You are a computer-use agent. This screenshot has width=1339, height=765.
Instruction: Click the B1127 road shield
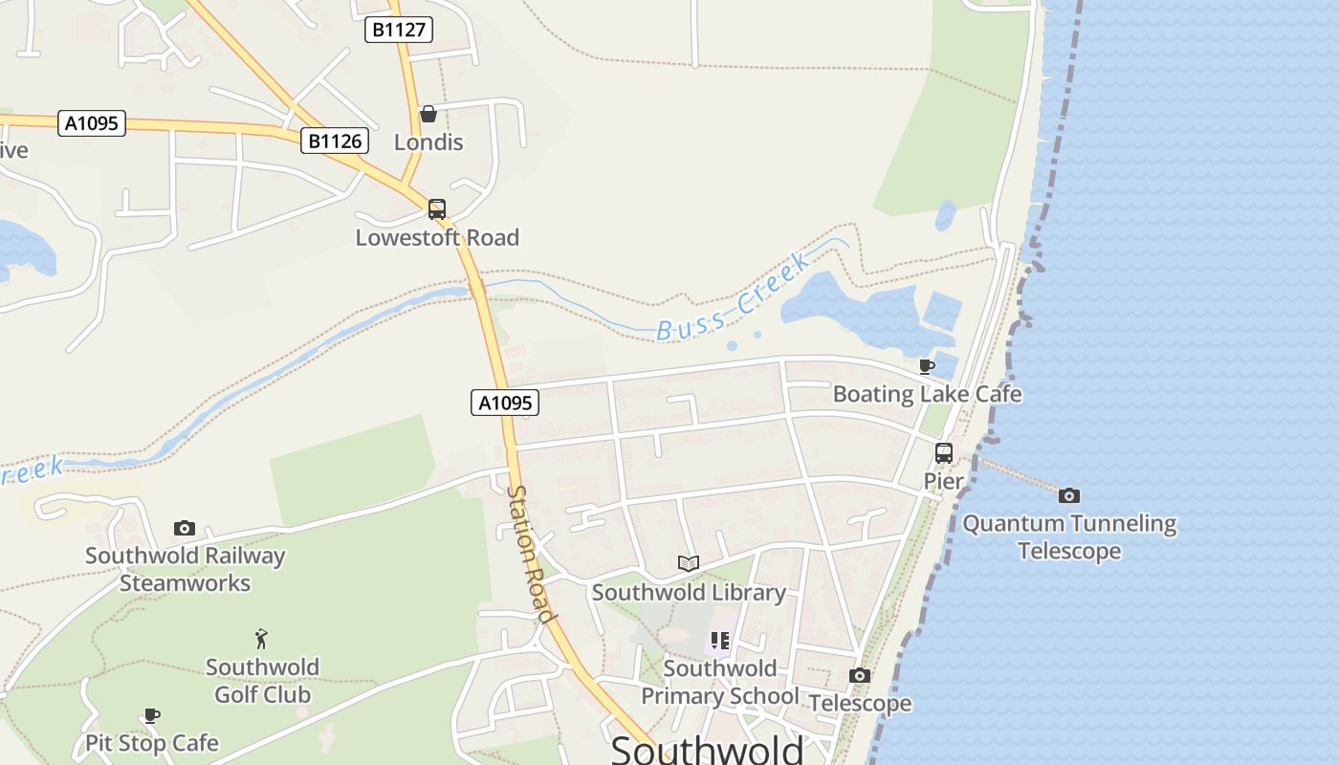[x=399, y=30]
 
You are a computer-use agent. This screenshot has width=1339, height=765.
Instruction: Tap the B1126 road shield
[x=335, y=142]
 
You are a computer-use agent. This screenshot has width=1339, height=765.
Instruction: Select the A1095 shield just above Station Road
[x=505, y=403]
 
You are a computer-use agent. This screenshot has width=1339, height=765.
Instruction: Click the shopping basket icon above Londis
[x=428, y=115]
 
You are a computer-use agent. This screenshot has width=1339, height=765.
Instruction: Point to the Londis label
[x=428, y=142]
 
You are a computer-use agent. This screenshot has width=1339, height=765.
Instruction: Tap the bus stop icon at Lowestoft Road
[x=437, y=209]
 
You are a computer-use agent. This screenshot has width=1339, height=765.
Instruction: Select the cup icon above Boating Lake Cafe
[x=926, y=366]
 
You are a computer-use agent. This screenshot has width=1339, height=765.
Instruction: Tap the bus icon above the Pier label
[x=944, y=453]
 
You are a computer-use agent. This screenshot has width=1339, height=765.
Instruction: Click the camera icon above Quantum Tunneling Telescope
[x=1069, y=495]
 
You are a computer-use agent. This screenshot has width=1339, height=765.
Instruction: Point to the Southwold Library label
[x=689, y=592]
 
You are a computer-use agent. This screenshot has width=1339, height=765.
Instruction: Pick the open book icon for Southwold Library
[x=689, y=564]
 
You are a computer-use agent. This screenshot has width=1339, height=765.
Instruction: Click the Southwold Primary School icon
[x=719, y=641]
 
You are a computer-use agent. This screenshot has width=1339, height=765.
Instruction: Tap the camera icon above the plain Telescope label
[x=860, y=676]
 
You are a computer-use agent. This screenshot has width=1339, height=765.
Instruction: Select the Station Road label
[x=531, y=555]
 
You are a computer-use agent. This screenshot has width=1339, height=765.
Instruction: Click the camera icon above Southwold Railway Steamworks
[x=185, y=529]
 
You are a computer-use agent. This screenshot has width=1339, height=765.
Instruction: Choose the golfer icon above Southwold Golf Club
[x=261, y=639]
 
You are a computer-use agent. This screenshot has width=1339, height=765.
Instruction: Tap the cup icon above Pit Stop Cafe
[x=152, y=715]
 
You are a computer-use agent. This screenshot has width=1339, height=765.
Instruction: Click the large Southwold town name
[x=708, y=750]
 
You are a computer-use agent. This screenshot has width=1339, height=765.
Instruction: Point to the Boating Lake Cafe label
[x=927, y=394]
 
